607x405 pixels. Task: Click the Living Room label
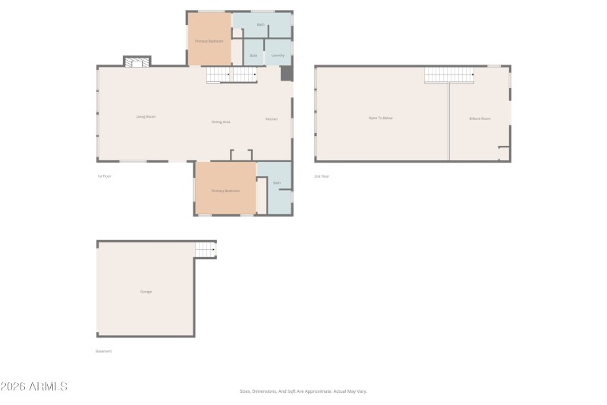coord(146,117)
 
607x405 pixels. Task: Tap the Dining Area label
coord(221,122)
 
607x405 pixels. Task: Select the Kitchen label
coord(271,119)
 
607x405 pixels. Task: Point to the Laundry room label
coord(278,55)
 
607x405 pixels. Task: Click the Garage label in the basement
coord(146,292)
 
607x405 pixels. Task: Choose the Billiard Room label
coord(480,119)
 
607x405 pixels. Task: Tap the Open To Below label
coord(381,118)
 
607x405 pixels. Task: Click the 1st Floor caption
coord(104,176)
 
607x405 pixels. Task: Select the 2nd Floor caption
coord(322,176)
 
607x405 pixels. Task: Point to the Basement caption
coord(104,351)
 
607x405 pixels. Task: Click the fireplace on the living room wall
coord(137,62)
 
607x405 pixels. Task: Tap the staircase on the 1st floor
coord(231,74)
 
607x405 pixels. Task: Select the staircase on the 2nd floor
coord(449,74)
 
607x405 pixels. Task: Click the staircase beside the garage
coord(206,250)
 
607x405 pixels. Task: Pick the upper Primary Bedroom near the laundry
coord(209,40)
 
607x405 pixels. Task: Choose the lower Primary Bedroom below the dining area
coord(225,191)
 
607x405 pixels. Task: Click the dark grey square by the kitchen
coord(286,74)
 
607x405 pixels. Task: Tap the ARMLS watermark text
coord(34,387)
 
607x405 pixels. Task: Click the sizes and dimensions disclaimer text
coord(303,391)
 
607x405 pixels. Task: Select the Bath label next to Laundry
coord(253,55)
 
